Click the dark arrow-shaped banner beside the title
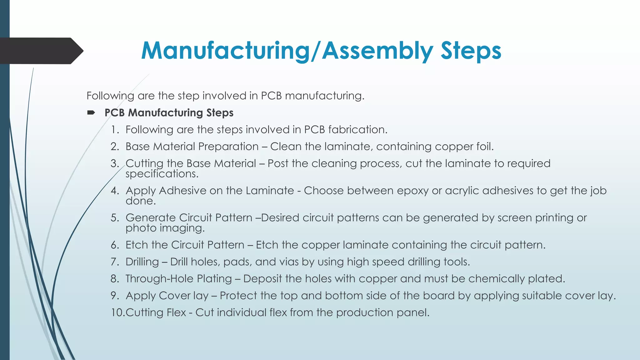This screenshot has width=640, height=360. click(41, 51)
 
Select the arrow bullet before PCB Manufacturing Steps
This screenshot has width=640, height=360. click(91, 112)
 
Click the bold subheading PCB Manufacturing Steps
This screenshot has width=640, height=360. click(169, 112)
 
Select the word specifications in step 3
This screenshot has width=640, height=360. click(162, 174)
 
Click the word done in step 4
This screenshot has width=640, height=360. click(140, 201)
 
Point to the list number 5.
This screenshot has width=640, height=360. click(115, 218)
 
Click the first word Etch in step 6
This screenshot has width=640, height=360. click(137, 245)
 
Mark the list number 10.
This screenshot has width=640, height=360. click(118, 312)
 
